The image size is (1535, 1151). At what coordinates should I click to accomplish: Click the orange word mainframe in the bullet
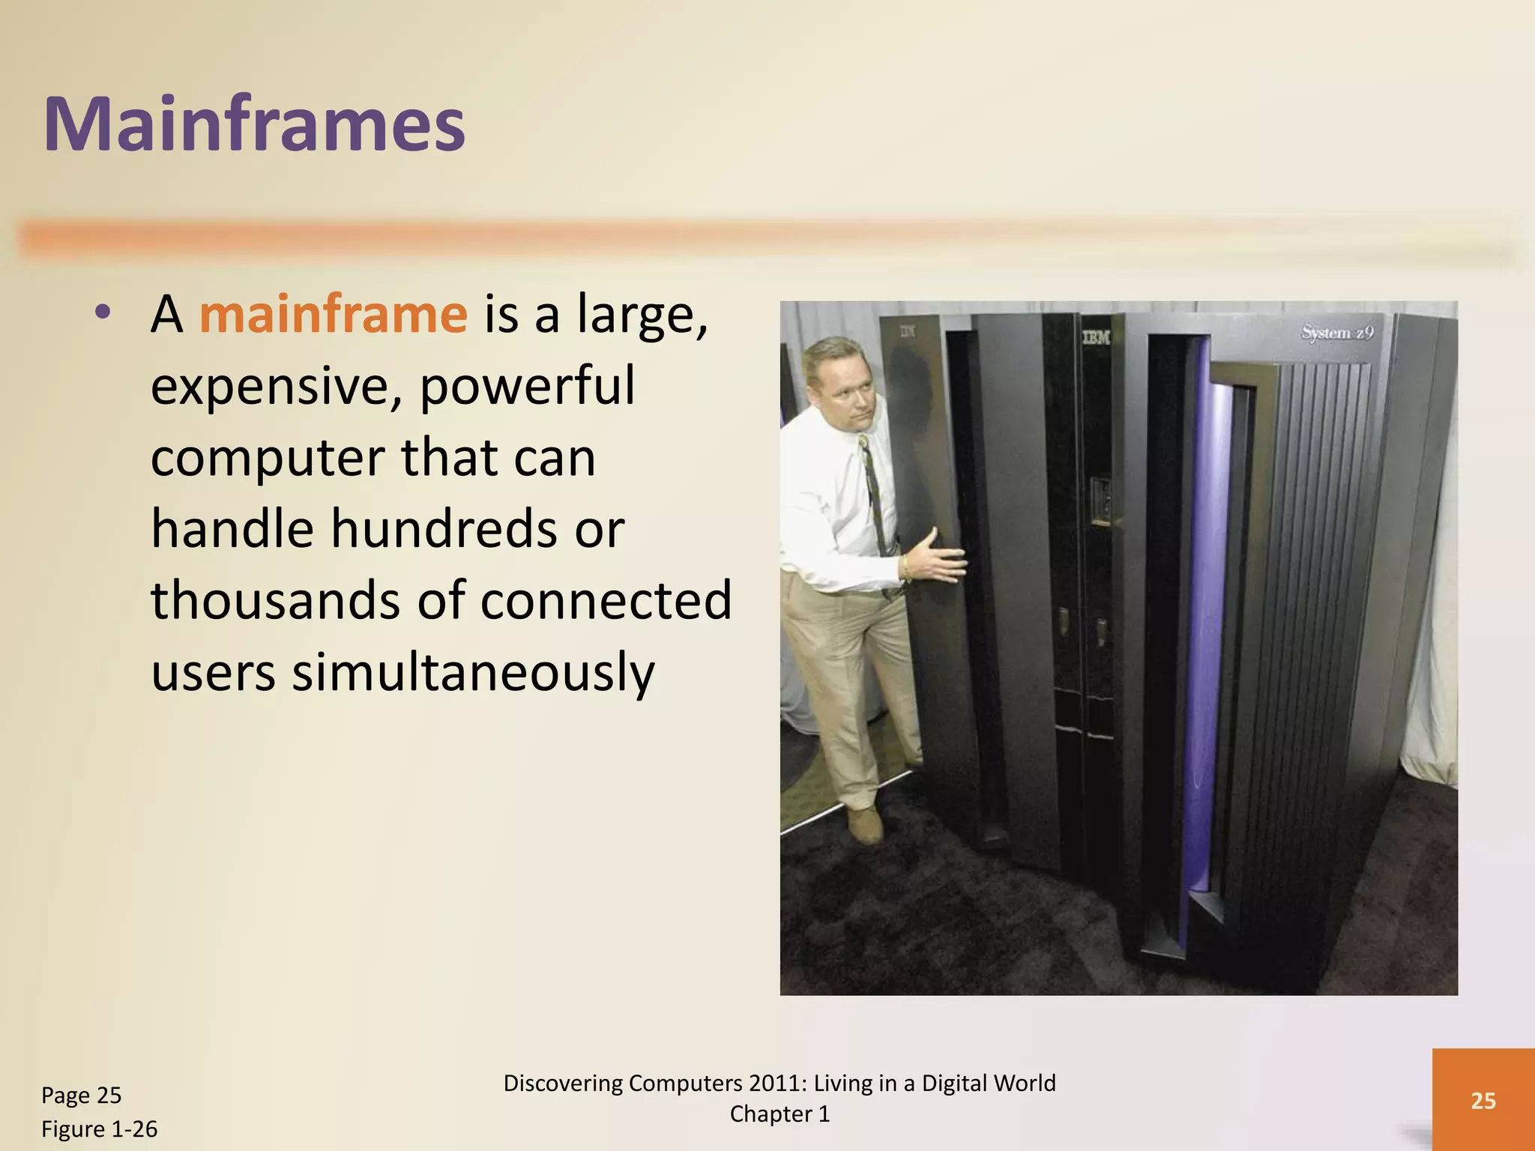pyautogui.click(x=333, y=315)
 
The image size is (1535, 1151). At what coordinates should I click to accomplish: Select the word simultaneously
pyautogui.click(x=473, y=672)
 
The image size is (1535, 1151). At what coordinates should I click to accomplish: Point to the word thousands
pyautogui.click(x=276, y=601)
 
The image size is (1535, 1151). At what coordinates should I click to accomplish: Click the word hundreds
pyautogui.click(x=443, y=529)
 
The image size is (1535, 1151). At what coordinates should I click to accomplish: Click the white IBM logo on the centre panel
pyautogui.click(x=1095, y=339)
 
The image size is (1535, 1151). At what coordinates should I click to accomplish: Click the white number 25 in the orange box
pyautogui.click(x=1483, y=1100)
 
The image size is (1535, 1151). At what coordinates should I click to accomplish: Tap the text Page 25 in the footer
pyautogui.click(x=81, y=1096)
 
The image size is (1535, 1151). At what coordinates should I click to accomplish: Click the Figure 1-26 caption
pyautogui.click(x=99, y=1129)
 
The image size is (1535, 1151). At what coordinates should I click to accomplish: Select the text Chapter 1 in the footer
pyautogui.click(x=779, y=1114)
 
